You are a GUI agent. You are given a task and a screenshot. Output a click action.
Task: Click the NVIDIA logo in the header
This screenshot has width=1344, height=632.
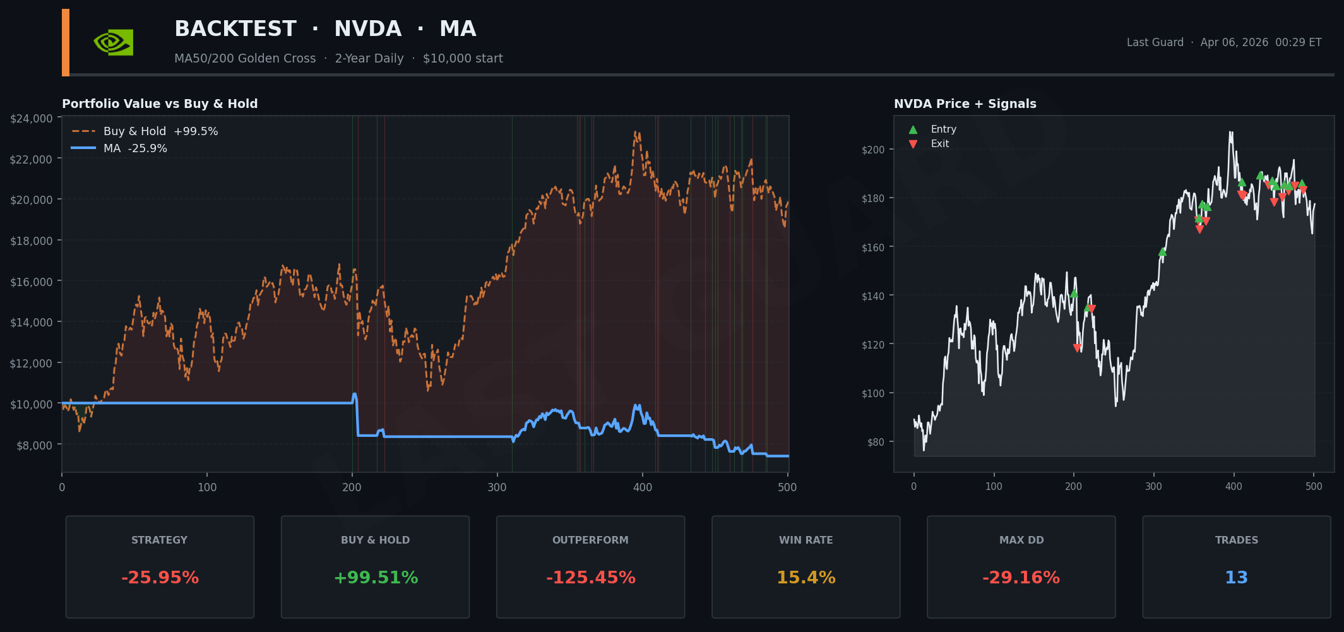[114, 42]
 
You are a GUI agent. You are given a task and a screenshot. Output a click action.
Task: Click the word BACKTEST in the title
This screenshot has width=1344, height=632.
[235, 29]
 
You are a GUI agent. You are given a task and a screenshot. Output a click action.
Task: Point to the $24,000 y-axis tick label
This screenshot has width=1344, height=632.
[32, 119]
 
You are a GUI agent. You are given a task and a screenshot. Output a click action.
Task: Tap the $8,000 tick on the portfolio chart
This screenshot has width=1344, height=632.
[35, 446]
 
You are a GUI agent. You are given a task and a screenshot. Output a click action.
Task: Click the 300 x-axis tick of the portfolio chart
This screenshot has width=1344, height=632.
[497, 487]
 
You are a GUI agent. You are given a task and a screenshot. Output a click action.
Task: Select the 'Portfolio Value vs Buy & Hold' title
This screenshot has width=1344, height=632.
[160, 104]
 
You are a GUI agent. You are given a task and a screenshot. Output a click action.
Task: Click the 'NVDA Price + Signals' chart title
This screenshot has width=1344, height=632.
[965, 104]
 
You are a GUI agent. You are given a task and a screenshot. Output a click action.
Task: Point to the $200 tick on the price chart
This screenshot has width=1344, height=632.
[873, 150]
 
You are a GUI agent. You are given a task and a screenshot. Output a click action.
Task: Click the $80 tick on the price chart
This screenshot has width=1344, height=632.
[876, 443]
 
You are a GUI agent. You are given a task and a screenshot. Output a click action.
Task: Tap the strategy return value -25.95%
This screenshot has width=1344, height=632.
[160, 578]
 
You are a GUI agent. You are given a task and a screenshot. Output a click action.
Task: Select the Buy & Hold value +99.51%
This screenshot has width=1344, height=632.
[375, 578]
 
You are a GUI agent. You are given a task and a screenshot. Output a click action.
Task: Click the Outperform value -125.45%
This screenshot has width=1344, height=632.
[590, 578]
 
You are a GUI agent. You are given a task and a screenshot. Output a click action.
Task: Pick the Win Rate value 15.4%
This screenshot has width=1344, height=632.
[806, 578]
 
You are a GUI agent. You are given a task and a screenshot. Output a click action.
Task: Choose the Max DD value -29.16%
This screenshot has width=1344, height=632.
[1021, 578]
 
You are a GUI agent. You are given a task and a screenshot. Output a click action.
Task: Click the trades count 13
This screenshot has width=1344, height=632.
[1236, 578]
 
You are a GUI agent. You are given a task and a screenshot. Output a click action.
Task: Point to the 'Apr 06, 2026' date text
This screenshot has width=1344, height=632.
[1234, 42]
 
